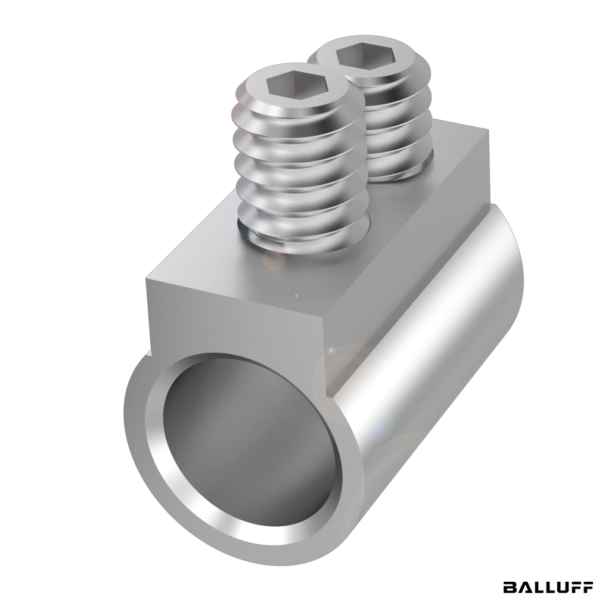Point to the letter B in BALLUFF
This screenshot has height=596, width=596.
click(510, 586)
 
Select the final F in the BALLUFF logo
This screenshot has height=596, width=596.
click(586, 586)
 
